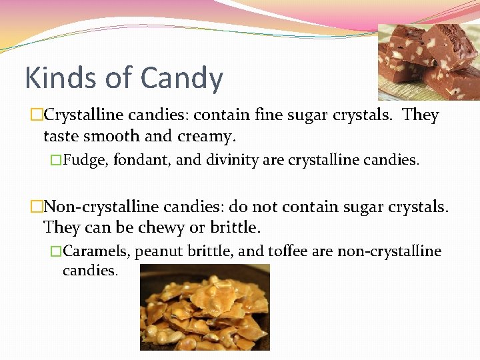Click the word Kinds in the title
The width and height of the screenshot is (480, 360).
click(60, 78)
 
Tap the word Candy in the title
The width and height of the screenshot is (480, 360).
click(182, 79)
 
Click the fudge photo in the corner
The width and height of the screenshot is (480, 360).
click(428, 61)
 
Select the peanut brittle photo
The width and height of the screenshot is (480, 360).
click(205, 307)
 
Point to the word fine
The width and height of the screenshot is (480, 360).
click(269, 115)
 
